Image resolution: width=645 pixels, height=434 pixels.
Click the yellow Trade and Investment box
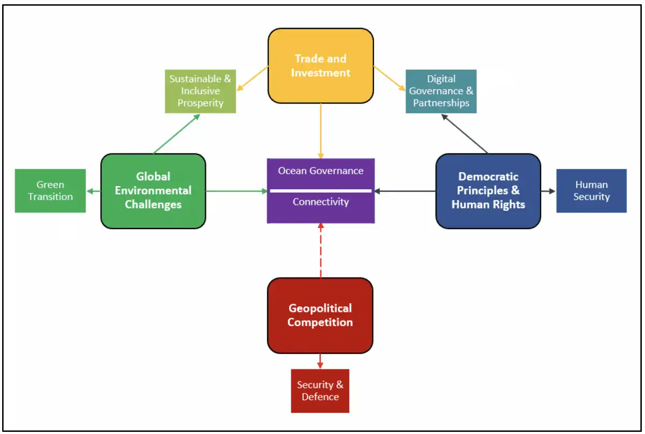tap(320, 66)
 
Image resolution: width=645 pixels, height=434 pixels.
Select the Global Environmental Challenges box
tap(153, 191)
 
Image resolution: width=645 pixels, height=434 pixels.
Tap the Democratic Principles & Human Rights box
tap(488, 191)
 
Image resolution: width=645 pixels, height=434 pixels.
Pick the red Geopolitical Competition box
tap(320, 315)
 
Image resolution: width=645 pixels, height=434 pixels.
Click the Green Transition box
tap(50, 191)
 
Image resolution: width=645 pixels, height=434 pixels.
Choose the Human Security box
tap(591, 191)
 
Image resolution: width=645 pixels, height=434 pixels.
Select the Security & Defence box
tap(320, 391)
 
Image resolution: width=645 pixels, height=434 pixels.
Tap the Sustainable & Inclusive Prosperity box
tap(200, 91)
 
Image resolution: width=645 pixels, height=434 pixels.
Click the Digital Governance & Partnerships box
tap(441, 91)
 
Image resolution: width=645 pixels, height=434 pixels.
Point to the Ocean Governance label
tap(320, 171)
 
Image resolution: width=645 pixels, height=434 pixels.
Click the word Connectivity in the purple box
tap(320, 202)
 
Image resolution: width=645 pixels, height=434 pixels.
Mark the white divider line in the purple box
tap(320, 190)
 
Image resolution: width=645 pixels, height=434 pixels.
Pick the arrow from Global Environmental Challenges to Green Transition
tap(94, 191)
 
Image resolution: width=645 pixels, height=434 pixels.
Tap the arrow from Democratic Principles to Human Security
tap(548, 191)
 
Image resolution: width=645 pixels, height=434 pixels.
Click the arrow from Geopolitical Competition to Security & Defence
tap(320, 361)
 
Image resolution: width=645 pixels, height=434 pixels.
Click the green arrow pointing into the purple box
tap(236, 191)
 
